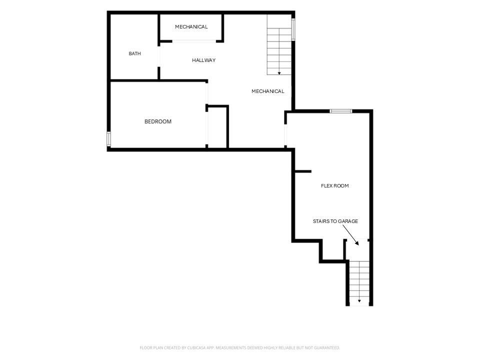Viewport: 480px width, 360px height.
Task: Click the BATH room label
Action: [x=134, y=53]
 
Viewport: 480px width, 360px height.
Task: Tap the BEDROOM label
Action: [x=158, y=121]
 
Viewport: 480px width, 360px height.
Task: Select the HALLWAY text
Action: [x=204, y=60]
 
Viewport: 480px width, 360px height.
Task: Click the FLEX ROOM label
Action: [x=335, y=186]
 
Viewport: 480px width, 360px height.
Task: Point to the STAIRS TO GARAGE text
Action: [x=335, y=221]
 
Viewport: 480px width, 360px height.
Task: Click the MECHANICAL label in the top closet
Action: [x=191, y=27]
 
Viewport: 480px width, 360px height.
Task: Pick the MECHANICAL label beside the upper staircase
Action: [x=268, y=91]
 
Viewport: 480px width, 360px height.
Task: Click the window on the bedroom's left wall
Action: [x=108, y=138]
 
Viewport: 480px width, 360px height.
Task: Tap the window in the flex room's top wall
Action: [x=341, y=111]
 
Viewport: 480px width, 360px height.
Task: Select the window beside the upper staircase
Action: [x=293, y=29]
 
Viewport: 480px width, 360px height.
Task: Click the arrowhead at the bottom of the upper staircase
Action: [x=279, y=73]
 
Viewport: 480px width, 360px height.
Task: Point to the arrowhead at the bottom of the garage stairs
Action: [x=359, y=301]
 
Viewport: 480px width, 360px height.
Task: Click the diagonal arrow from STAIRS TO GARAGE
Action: [x=350, y=235]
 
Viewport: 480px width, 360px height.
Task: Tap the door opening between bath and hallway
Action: [x=159, y=56]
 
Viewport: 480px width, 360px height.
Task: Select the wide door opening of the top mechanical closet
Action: [x=194, y=41]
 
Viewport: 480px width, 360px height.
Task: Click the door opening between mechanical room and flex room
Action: [x=285, y=134]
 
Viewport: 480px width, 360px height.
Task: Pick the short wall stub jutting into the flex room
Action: [x=303, y=171]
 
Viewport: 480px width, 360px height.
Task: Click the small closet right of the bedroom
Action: [x=217, y=127]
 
